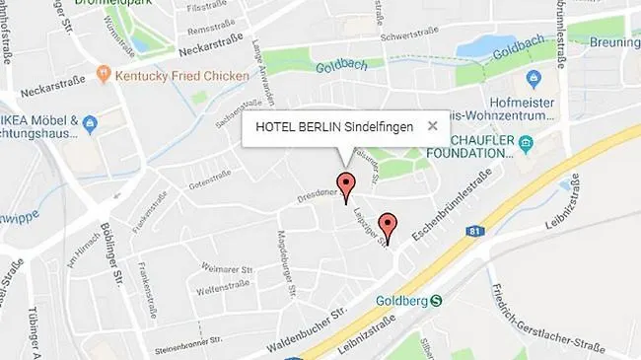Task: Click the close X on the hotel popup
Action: tap(432, 126)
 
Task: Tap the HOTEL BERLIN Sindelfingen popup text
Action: tap(334, 126)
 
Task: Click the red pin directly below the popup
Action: tap(345, 185)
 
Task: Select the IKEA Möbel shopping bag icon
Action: tap(91, 124)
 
